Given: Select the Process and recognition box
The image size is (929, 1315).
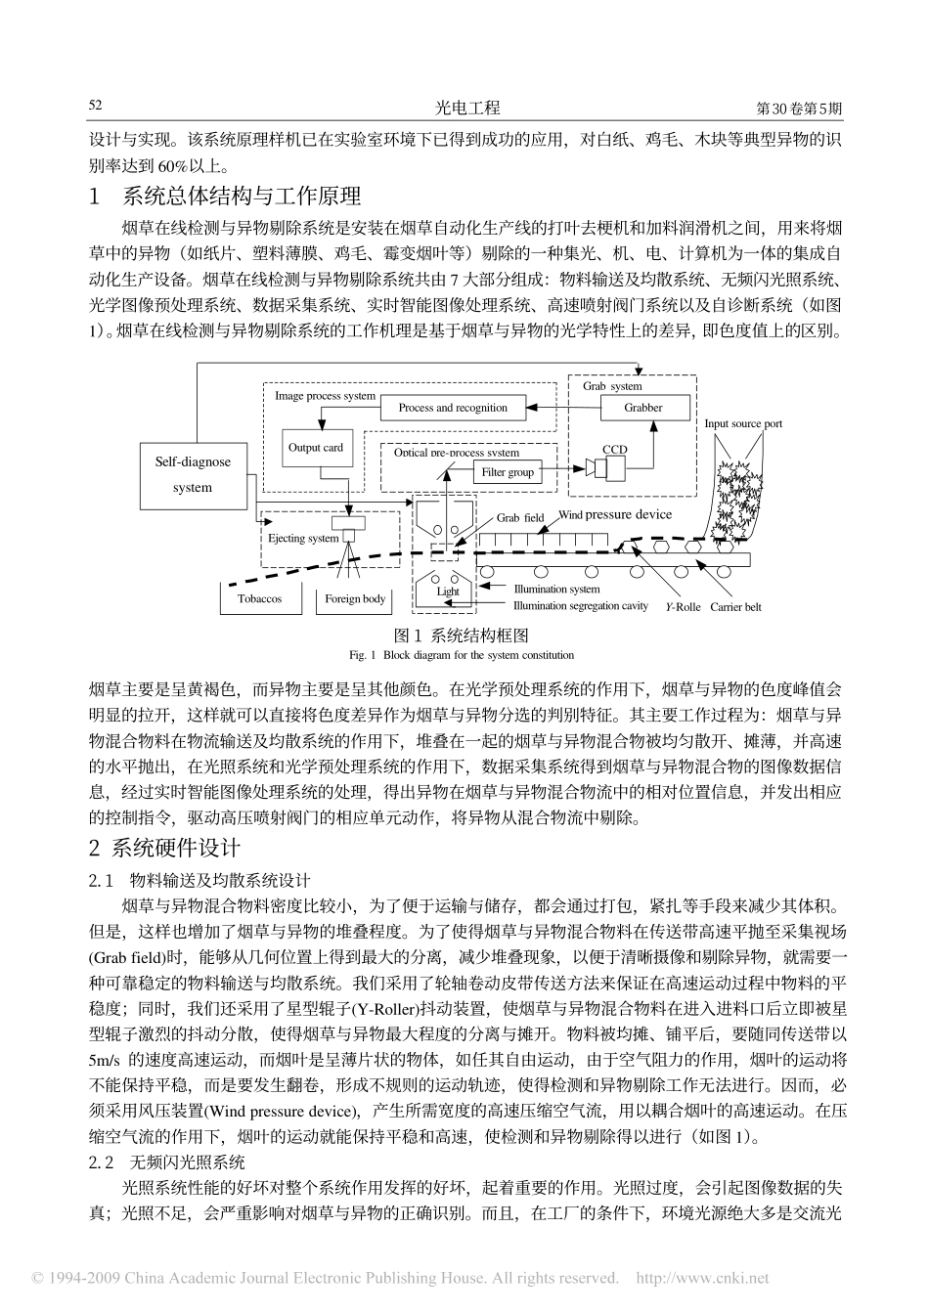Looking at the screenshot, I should (x=453, y=408).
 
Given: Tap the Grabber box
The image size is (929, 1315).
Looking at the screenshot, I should (x=643, y=408).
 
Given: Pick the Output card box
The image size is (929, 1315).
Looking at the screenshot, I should (x=316, y=448).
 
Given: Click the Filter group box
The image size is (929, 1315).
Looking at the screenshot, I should (x=508, y=472).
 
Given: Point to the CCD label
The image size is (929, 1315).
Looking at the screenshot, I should (x=614, y=450).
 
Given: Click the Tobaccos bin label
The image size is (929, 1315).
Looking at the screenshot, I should (x=259, y=598).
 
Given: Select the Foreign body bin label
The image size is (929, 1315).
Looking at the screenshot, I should (x=355, y=598).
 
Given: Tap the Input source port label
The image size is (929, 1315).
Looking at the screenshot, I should (x=743, y=423).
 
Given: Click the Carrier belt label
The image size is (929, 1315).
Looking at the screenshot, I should (x=735, y=607).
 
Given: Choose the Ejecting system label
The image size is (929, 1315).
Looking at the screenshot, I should (x=303, y=538).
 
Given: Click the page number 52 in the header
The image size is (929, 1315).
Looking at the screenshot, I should (x=96, y=106).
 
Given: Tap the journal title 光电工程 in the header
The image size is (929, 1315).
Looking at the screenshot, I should (x=465, y=108).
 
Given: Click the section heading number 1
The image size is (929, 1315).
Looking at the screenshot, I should (x=95, y=197).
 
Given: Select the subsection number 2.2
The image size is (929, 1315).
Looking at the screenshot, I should (x=102, y=1162).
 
